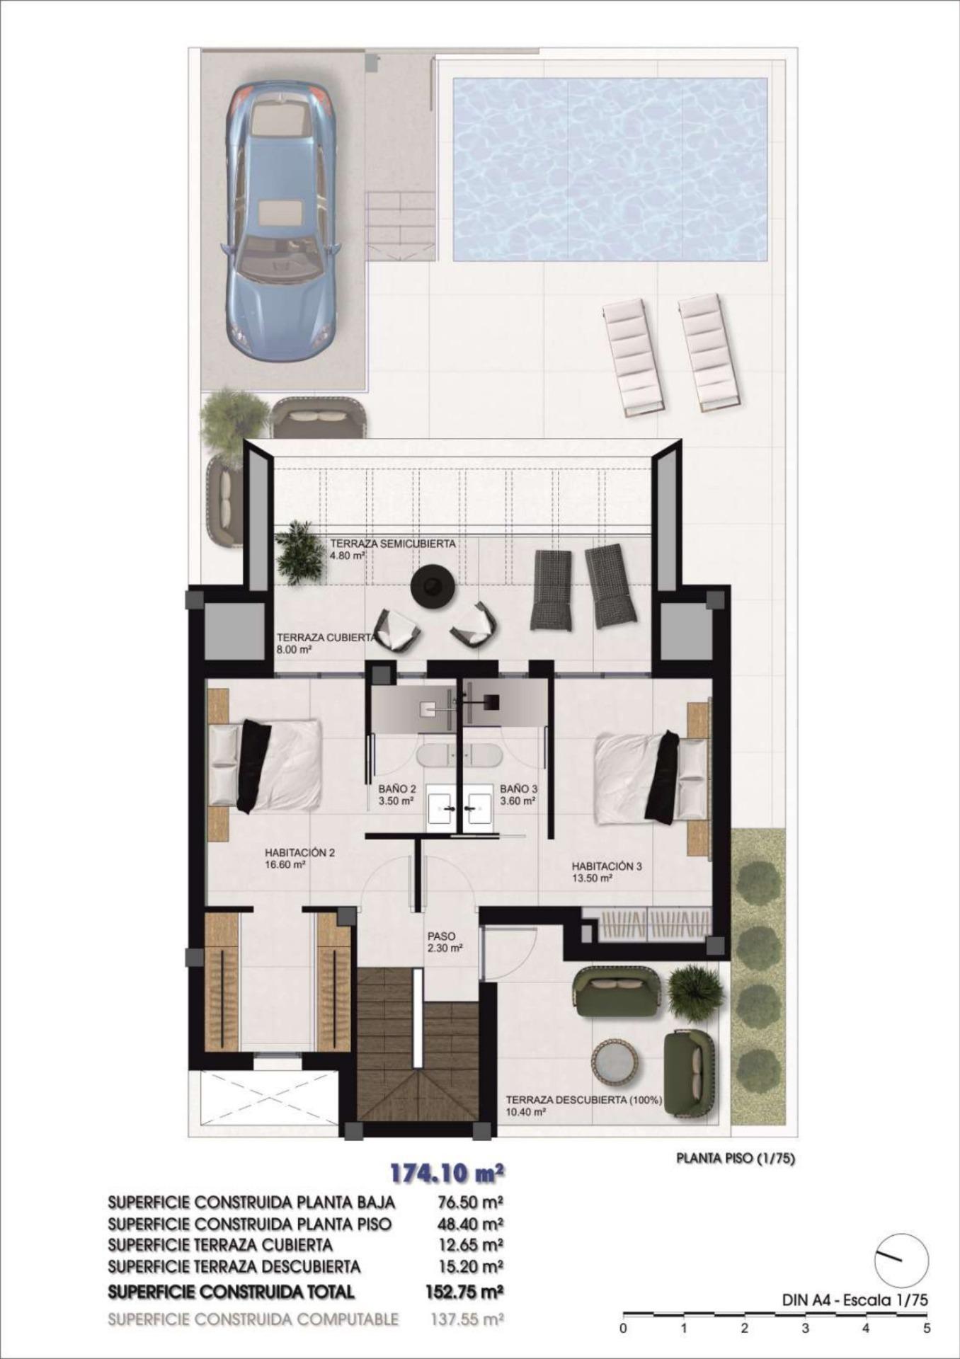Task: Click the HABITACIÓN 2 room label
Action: [299, 858]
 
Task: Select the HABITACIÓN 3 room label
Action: [607, 871]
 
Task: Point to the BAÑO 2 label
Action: [397, 794]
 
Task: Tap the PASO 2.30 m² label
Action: [445, 941]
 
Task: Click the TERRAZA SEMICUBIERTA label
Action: [392, 549]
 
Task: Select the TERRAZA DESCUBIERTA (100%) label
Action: [583, 1105]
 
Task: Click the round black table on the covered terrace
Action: [433, 585]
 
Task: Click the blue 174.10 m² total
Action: [447, 1174]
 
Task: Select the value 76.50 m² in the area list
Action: [467, 1203]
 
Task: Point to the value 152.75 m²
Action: [464, 1292]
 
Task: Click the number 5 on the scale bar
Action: [927, 1329]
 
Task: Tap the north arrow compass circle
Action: [901, 1260]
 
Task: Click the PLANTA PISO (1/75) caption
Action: [736, 1159]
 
